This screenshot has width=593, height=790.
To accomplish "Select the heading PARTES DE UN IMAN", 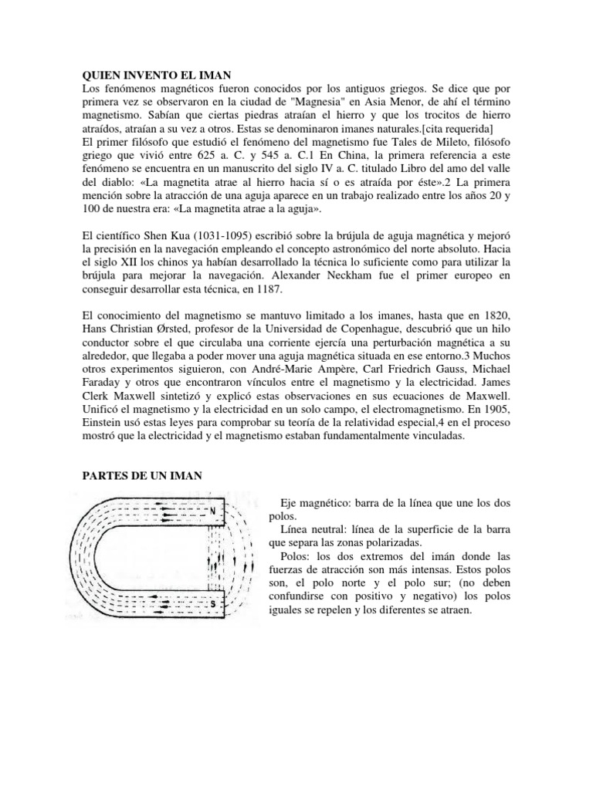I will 142,476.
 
